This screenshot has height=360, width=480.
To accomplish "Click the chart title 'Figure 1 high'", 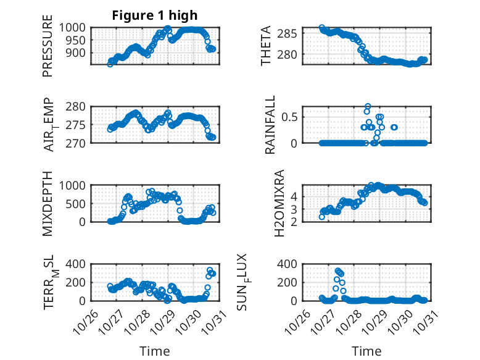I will click(x=155, y=15).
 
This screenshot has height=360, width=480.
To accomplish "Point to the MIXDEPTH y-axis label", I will click(x=48, y=203).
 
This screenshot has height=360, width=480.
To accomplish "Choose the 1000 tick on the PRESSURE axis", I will click(x=74, y=28).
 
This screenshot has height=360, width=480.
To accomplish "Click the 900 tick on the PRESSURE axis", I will click(x=77, y=52).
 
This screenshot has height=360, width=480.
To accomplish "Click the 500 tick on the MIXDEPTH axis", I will click(x=77, y=203).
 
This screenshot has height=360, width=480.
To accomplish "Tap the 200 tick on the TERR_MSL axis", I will click(x=77, y=282).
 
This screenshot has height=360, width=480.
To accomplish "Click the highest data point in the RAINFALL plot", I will click(x=368, y=106).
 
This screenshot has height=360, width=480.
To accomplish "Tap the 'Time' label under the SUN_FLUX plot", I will click(x=366, y=351).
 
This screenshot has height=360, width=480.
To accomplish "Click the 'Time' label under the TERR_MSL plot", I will click(x=154, y=351).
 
